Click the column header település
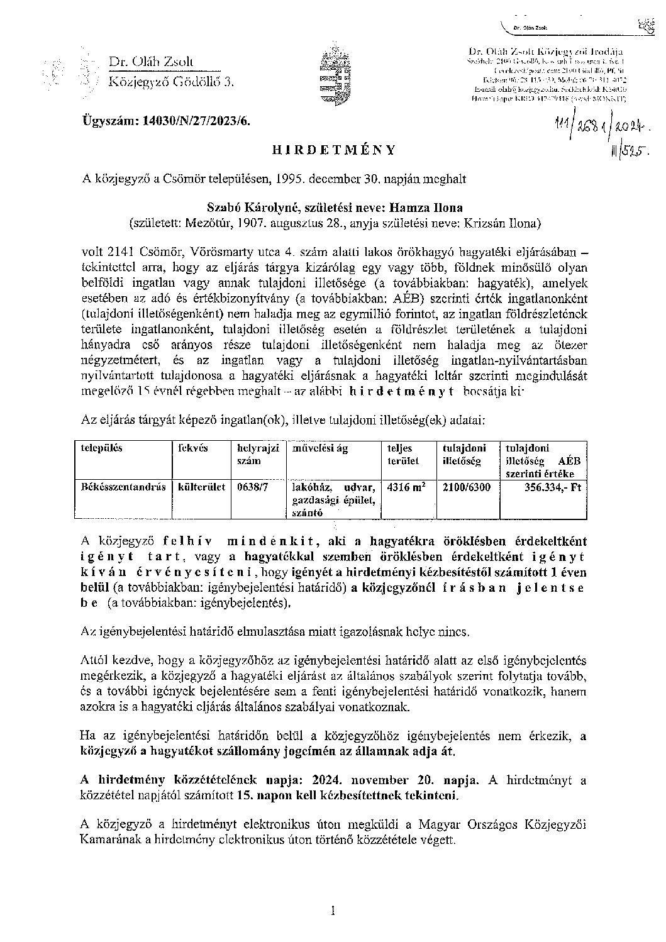(102, 448)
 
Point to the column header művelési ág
(319, 448)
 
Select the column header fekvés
(193, 448)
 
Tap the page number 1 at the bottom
(333, 910)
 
